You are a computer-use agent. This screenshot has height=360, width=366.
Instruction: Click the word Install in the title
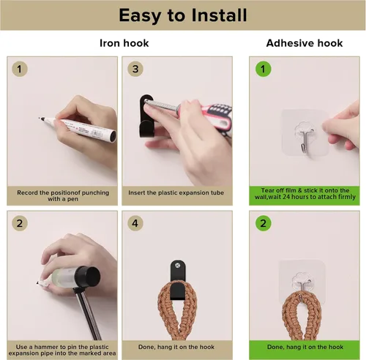pos(219,15)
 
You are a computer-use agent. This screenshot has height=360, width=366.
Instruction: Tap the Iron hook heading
pos(124,43)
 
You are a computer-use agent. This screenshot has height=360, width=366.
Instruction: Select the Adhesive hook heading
pos(305,43)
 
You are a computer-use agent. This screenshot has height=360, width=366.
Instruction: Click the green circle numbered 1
pos(263,69)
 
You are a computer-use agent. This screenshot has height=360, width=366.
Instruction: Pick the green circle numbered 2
pos(263,223)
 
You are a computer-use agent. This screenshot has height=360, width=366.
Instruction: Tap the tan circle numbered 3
pos(135,69)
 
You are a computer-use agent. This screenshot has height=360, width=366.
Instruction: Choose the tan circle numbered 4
pos(135,223)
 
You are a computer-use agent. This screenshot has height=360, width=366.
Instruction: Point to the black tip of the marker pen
pos(41,119)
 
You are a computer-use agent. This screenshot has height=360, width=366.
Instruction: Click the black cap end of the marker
pos(113,136)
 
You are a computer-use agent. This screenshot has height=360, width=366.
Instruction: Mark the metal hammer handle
pos(88,314)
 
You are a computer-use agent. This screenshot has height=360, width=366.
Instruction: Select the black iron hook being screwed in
pos(146,116)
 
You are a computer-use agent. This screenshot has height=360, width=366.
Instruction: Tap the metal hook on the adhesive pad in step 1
pos(305,141)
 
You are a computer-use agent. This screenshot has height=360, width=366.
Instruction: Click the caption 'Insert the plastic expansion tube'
pos(176,192)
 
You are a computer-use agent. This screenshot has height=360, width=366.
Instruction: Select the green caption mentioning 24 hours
pos(305,194)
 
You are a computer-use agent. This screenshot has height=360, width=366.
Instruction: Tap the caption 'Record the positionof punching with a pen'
pos(63,195)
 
